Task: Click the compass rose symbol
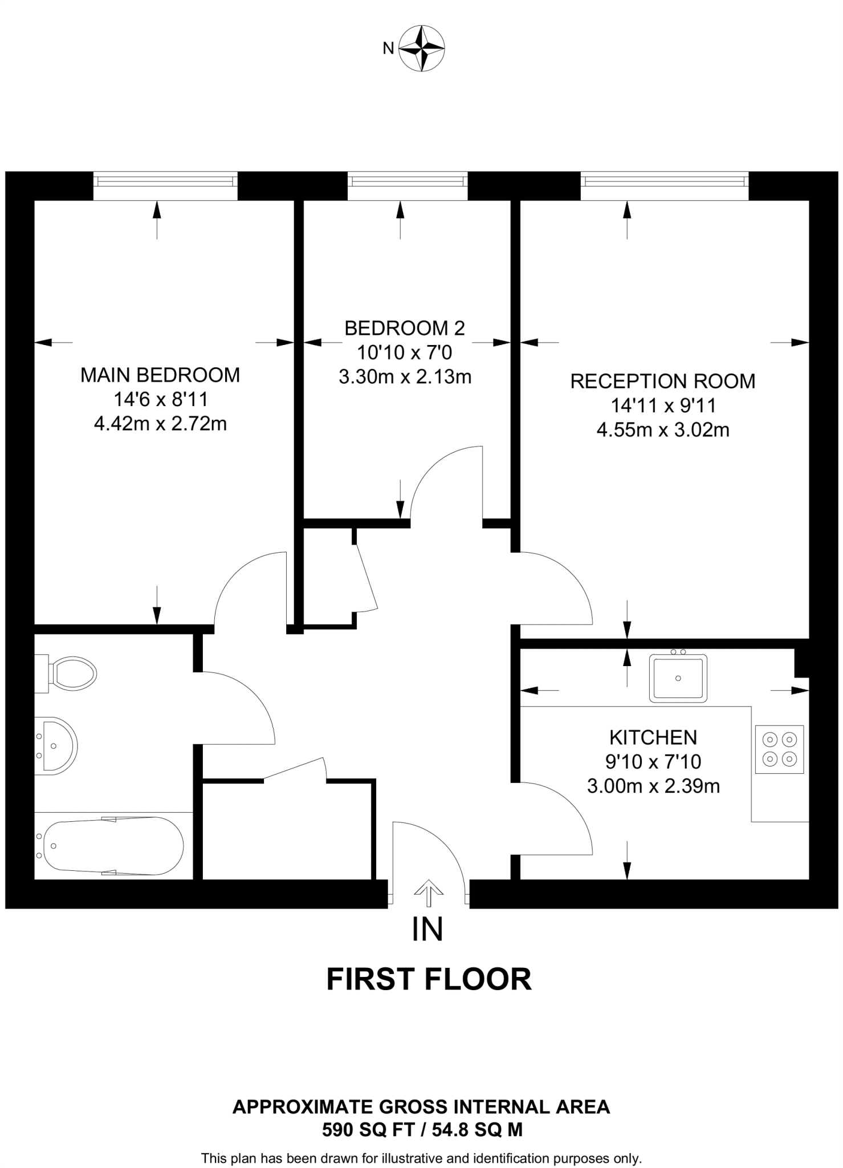pos(421,48)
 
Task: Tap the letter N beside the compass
pos(388,49)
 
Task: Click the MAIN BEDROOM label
pos(160,375)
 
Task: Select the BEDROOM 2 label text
pos(405,328)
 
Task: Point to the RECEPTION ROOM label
pos(663,381)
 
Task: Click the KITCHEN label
pos(653,737)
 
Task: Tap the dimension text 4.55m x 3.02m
pos(663,429)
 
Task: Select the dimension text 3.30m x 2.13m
pos(405,377)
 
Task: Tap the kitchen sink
pos(678,678)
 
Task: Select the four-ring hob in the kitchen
pos(779,749)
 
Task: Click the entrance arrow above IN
pos(428,893)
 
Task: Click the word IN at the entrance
pos(427,929)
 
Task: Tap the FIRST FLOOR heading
pos(429,979)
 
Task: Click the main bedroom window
pos(165,181)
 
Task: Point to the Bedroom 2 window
pos(408,181)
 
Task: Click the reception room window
pos(665,181)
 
